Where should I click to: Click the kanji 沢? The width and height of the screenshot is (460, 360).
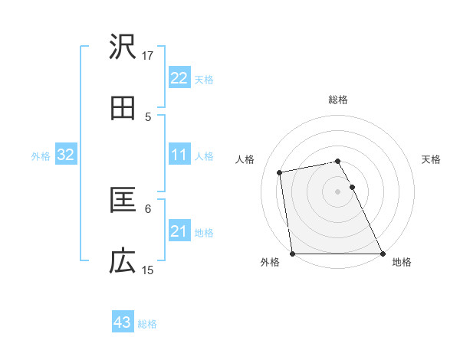pyautogui.click(x=123, y=47)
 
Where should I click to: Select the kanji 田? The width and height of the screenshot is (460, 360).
pyautogui.click(x=123, y=109)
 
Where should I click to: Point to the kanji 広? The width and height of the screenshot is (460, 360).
pyautogui.click(x=123, y=262)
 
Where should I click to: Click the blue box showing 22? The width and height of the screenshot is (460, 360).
pyautogui.click(x=179, y=78)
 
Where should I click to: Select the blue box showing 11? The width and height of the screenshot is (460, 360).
pyautogui.click(x=179, y=155)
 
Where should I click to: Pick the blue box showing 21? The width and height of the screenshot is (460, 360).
pyautogui.click(x=179, y=231)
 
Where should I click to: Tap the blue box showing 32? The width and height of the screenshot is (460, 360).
pyautogui.click(x=66, y=155)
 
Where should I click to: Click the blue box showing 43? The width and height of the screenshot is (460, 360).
pyautogui.click(x=123, y=322)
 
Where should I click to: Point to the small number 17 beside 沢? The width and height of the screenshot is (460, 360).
pyautogui.click(x=148, y=55)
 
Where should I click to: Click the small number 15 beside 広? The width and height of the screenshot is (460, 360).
pyautogui.click(x=148, y=270)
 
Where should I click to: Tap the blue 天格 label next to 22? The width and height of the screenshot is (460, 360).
pyautogui.click(x=204, y=79)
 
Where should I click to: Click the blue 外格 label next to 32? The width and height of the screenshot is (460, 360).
pyautogui.click(x=41, y=155)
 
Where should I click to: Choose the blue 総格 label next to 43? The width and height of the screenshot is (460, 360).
pyautogui.click(x=147, y=323)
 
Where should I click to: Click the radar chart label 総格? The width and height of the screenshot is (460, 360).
pyautogui.click(x=338, y=100)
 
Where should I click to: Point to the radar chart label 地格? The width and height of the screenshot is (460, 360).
pyautogui.click(x=402, y=263)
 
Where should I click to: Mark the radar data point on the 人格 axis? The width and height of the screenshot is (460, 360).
pyautogui.click(x=281, y=172)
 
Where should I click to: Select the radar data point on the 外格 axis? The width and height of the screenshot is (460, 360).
pyautogui.click(x=292, y=254)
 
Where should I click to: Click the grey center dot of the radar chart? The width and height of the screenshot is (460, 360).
pyautogui.click(x=338, y=191)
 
